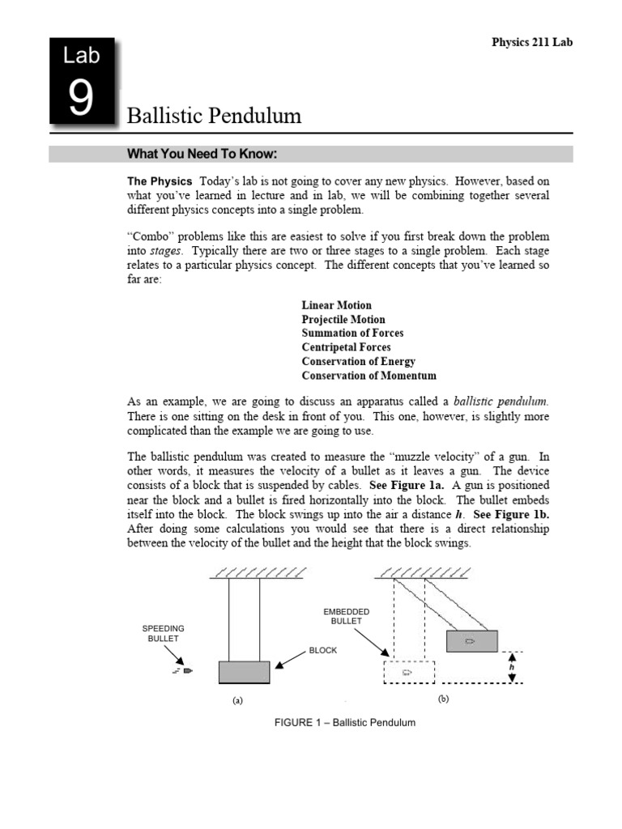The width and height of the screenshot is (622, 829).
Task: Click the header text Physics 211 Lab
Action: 532,43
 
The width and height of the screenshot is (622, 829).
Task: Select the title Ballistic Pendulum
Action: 215,116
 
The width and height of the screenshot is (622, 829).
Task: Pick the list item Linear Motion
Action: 336,305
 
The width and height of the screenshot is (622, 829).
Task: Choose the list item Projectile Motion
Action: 343,320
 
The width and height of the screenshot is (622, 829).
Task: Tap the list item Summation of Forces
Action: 352,334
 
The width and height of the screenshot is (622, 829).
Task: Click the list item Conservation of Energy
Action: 358,362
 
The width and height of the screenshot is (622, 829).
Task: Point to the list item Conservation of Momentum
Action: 369,376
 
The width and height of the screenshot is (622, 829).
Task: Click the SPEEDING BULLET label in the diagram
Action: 164,633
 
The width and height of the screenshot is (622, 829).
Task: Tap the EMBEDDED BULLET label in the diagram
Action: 347,616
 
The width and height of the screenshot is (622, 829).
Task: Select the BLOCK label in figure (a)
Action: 322,650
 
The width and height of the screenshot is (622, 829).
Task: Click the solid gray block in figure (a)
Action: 245,672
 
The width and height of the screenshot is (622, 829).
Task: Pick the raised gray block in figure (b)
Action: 471,640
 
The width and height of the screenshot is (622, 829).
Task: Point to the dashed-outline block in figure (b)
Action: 408,672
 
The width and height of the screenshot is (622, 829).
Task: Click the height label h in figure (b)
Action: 511,668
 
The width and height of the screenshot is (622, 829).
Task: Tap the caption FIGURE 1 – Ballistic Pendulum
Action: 345,722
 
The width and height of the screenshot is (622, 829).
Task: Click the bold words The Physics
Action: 160,181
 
